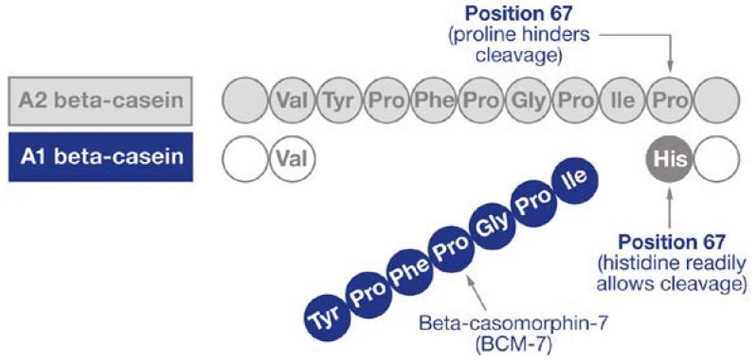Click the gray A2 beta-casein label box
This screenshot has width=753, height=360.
(100, 101)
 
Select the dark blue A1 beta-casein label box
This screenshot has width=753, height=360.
(100, 157)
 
